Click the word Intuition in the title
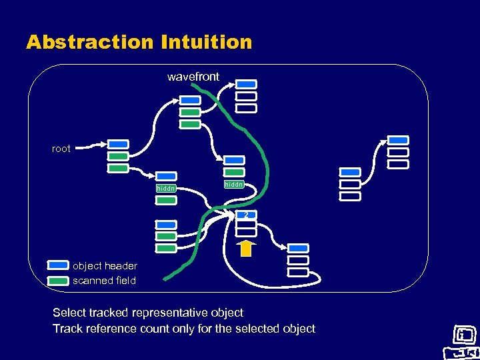pyautogui.click(x=207, y=42)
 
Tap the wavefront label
pyautogui.click(x=193, y=77)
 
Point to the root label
pyautogui.click(x=61, y=149)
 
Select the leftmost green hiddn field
pyautogui.click(x=165, y=188)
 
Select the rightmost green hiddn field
pyautogui.click(x=234, y=184)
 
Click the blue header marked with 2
pyautogui.click(x=245, y=215)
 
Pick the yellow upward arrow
pyautogui.click(x=246, y=248)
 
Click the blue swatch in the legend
pyautogui.click(x=59, y=265)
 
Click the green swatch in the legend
pyautogui.click(x=59, y=280)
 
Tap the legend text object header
pyautogui.click(x=105, y=266)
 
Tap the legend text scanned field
pyautogui.click(x=104, y=281)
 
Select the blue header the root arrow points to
pyautogui.click(x=118, y=144)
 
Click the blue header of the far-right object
pyautogui.click(x=398, y=140)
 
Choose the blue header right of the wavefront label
pyautogui.click(x=246, y=84)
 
